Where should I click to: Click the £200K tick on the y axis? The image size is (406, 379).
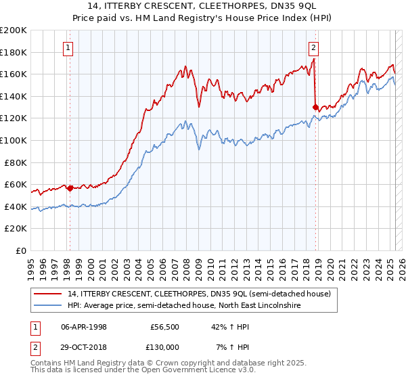coord(14,30)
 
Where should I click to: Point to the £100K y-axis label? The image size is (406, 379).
coord(14,140)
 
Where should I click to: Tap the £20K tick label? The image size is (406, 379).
coord(16,229)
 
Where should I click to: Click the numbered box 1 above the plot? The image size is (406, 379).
coord(69,47)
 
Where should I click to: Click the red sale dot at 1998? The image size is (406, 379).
coord(70,188)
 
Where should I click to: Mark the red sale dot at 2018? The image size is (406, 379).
coord(316,107)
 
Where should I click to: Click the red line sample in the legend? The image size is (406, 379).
coord(48,294)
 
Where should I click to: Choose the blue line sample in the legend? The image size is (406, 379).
coord(48,306)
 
